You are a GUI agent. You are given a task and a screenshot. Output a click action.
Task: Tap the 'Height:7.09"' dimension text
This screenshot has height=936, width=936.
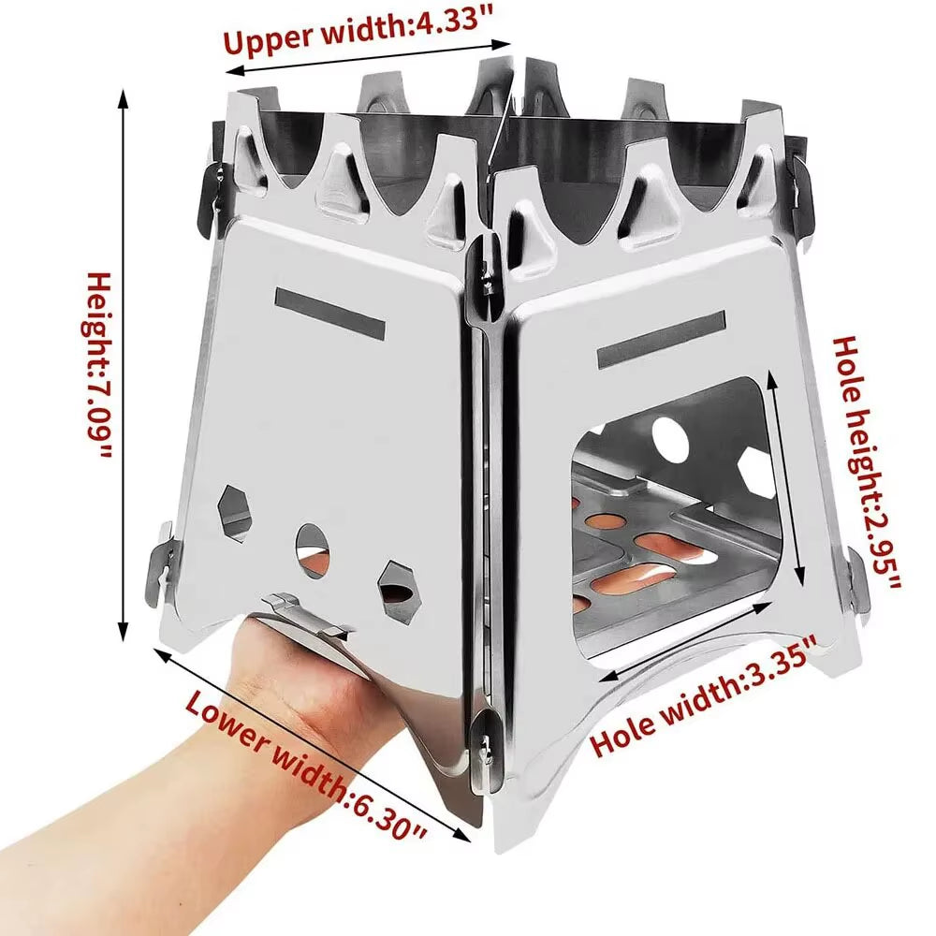[x=98, y=365]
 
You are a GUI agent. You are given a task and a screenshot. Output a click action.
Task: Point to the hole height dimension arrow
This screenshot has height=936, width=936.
[x=786, y=477]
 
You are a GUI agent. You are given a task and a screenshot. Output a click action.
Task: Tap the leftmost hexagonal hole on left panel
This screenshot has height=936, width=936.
[x=233, y=512]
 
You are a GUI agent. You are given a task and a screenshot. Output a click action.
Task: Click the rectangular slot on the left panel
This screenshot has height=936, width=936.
[x=330, y=313]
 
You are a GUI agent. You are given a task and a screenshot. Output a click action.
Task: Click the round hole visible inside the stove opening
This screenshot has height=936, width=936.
[x=669, y=435]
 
